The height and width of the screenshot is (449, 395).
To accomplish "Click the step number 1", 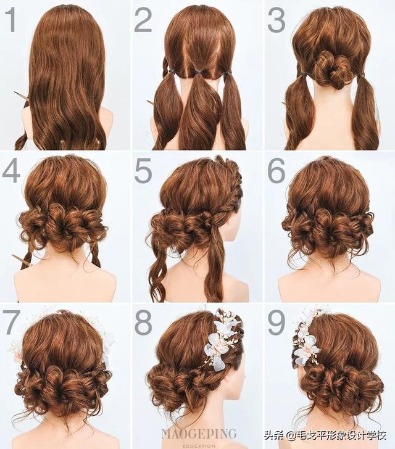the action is (12, 20).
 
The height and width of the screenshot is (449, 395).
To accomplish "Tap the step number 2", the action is (143, 20).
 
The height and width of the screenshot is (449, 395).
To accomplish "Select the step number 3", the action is (276, 20).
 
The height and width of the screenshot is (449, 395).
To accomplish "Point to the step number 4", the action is (11, 171).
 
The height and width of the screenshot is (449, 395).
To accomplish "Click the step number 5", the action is (143, 171).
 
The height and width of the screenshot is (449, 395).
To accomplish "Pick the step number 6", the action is (276, 171).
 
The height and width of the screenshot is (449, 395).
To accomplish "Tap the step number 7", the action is (12, 322).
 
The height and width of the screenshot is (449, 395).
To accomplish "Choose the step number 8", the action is (143, 322).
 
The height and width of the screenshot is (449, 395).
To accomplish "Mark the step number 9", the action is (276, 322).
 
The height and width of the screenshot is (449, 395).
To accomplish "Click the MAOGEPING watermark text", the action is (199, 434).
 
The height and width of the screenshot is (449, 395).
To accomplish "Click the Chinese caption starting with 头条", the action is (325, 435).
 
